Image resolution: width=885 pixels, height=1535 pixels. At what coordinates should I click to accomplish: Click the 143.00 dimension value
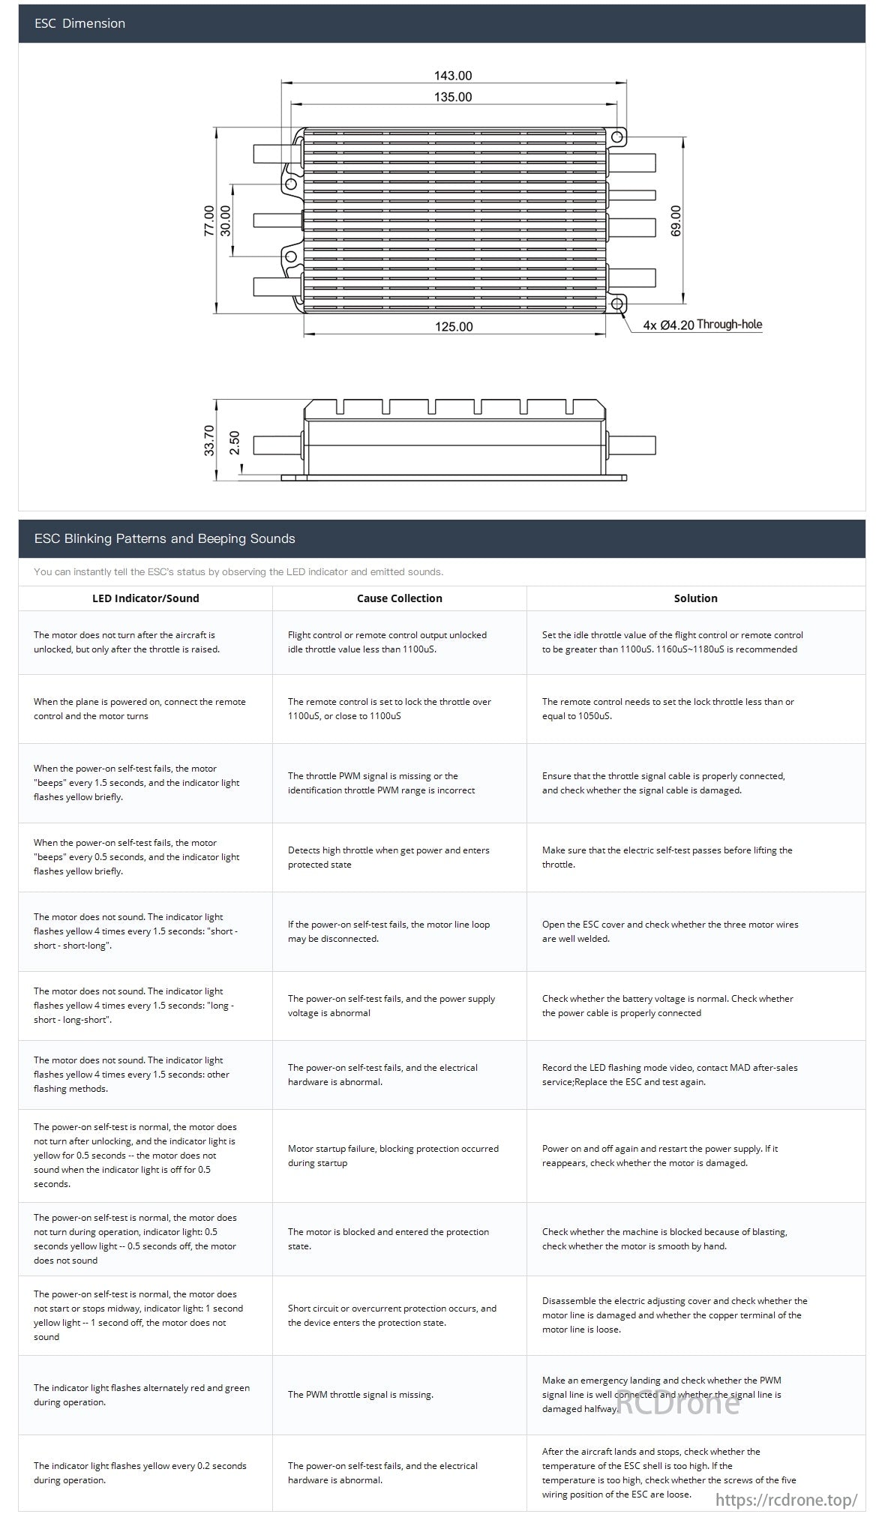pyautogui.click(x=453, y=76)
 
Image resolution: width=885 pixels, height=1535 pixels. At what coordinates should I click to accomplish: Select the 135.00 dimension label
pyautogui.click(x=453, y=97)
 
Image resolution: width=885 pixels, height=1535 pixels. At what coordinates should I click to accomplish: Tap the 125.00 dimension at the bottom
pyautogui.click(x=454, y=326)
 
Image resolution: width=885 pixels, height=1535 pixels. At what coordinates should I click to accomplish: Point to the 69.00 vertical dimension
pyautogui.click(x=676, y=221)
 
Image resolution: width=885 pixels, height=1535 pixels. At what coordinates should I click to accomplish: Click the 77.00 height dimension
pyautogui.click(x=209, y=221)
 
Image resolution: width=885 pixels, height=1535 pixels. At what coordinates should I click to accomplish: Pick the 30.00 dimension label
pyautogui.click(x=226, y=220)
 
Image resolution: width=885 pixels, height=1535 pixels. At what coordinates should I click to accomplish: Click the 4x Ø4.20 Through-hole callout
pyautogui.click(x=702, y=325)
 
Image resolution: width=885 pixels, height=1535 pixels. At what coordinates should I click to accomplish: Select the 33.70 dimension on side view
pyautogui.click(x=209, y=440)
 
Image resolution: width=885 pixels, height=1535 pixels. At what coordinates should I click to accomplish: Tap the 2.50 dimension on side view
pyautogui.click(x=235, y=442)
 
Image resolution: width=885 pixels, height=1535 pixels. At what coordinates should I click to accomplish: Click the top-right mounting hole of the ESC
pyautogui.click(x=617, y=137)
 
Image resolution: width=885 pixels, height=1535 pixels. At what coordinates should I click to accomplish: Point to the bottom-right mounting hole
pyautogui.click(x=617, y=304)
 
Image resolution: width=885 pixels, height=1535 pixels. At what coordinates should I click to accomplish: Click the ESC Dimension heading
pyautogui.click(x=79, y=23)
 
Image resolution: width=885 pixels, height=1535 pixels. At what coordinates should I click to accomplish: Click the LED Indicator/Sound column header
pyautogui.click(x=145, y=598)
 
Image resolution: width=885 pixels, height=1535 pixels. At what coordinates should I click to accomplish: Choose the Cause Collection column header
pyautogui.click(x=400, y=598)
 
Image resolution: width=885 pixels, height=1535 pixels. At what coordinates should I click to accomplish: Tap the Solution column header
pyautogui.click(x=696, y=598)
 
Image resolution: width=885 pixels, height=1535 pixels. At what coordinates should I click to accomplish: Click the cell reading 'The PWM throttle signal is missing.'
pyautogui.click(x=361, y=1395)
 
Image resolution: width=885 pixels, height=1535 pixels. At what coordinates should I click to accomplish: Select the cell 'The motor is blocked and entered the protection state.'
pyautogui.click(x=388, y=1239)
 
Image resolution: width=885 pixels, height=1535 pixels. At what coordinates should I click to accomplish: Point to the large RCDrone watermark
pyautogui.click(x=677, y=1402)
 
